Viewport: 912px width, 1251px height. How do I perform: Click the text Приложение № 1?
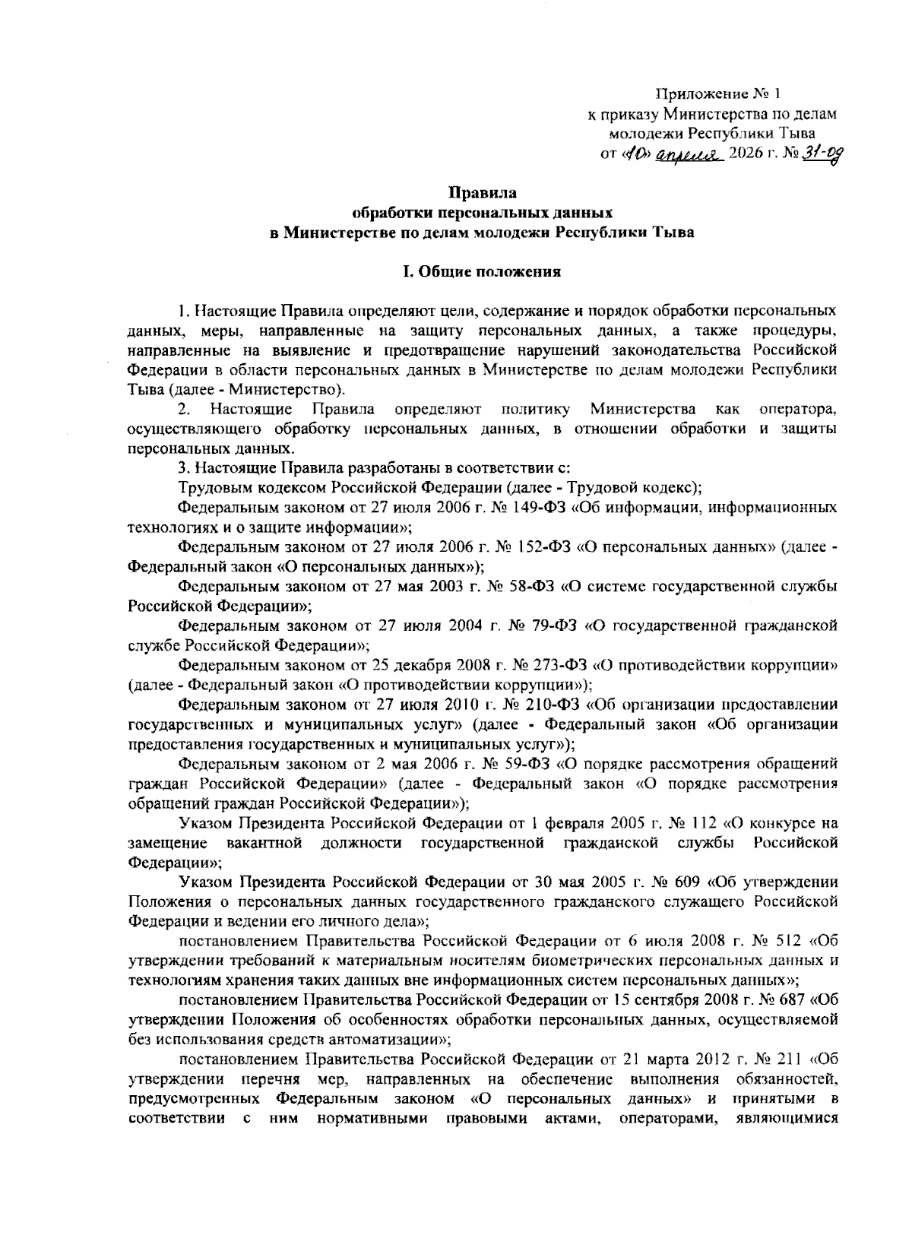(x=717, y=95)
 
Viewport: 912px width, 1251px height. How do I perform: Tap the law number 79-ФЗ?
(x=549, y=626)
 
